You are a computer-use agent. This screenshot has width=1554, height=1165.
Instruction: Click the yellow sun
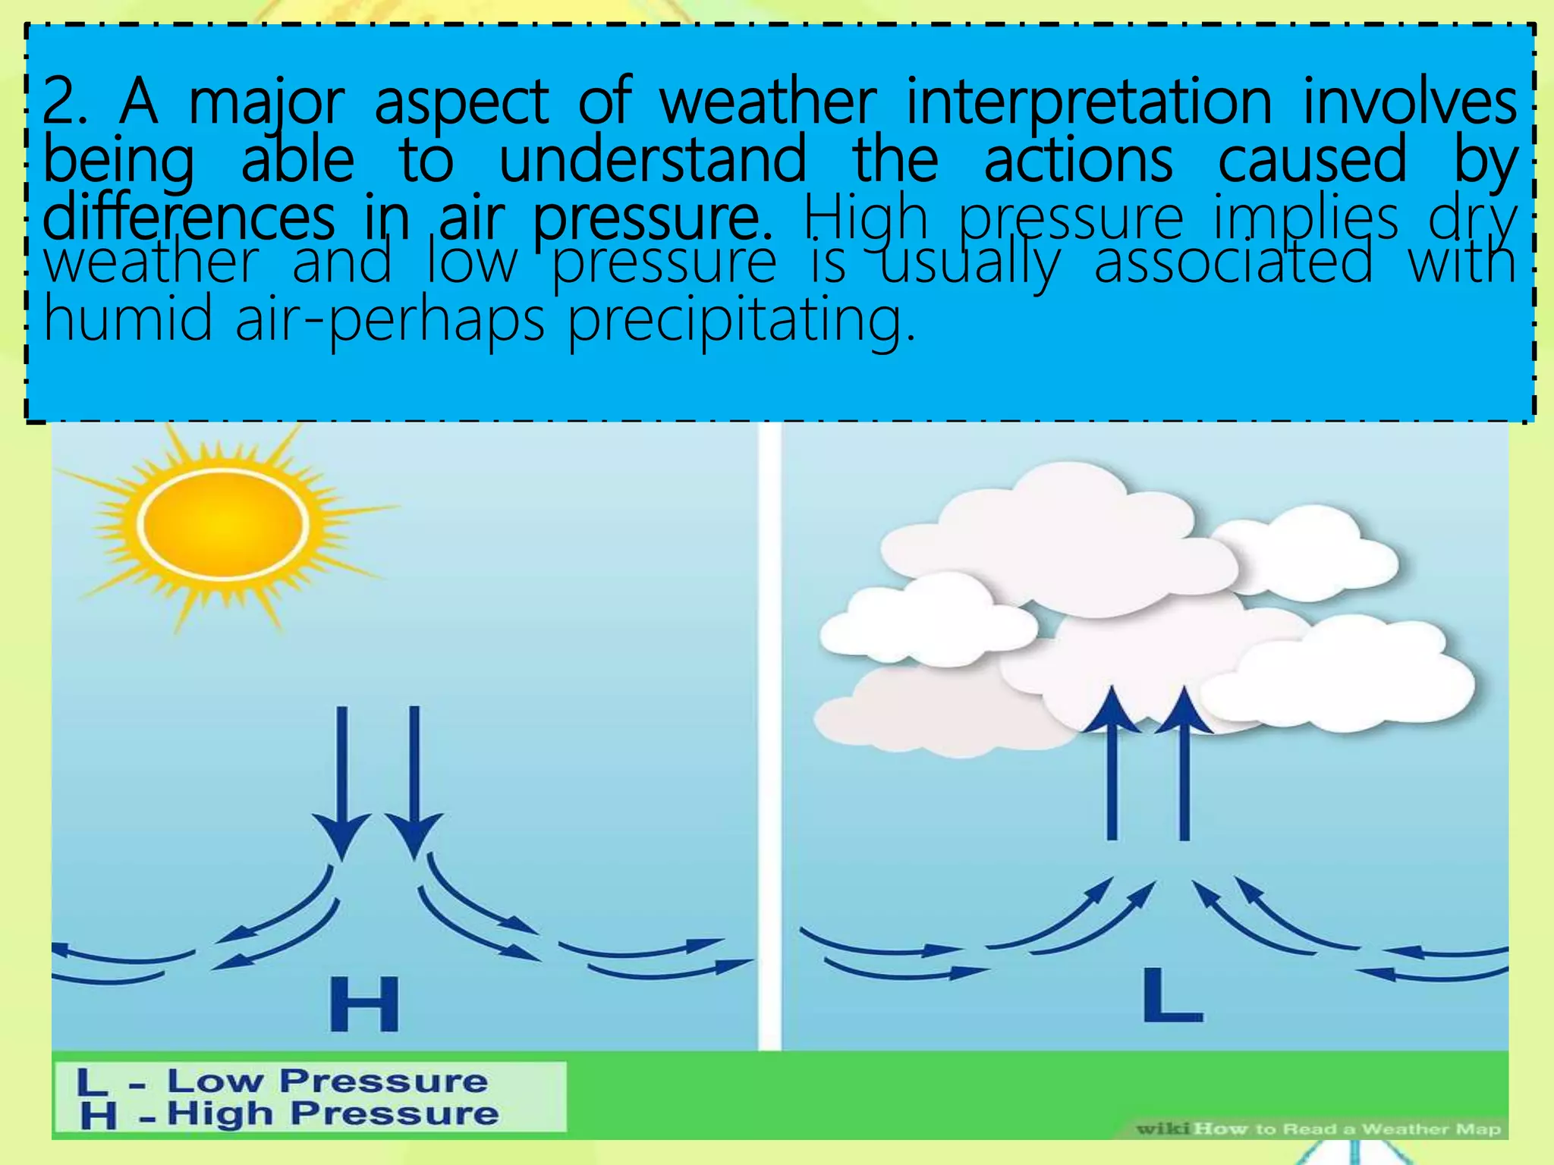[222, 524]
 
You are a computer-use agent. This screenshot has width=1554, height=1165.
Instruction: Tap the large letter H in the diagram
[364, 1004]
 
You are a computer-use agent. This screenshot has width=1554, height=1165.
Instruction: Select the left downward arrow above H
[341, 781]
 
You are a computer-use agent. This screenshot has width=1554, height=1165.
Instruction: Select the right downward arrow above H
[414, 781]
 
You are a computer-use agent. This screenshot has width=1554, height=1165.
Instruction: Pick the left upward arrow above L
[1112, 766]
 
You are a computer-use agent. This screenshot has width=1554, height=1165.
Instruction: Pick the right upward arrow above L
[1184, 766]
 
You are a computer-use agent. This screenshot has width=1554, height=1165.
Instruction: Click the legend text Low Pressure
[326, 1081]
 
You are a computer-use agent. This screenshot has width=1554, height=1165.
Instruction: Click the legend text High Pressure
[332, 1113]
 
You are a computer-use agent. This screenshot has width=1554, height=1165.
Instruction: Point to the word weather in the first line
[767, 102]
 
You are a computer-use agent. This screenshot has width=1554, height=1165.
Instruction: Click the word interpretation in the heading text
[1089, 102]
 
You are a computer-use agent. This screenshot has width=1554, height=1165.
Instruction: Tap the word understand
[653, 159]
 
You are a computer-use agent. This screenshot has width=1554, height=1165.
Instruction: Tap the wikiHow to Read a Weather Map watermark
[1318, 1129]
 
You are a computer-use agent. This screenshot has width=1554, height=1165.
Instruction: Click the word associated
[1233, 262]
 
